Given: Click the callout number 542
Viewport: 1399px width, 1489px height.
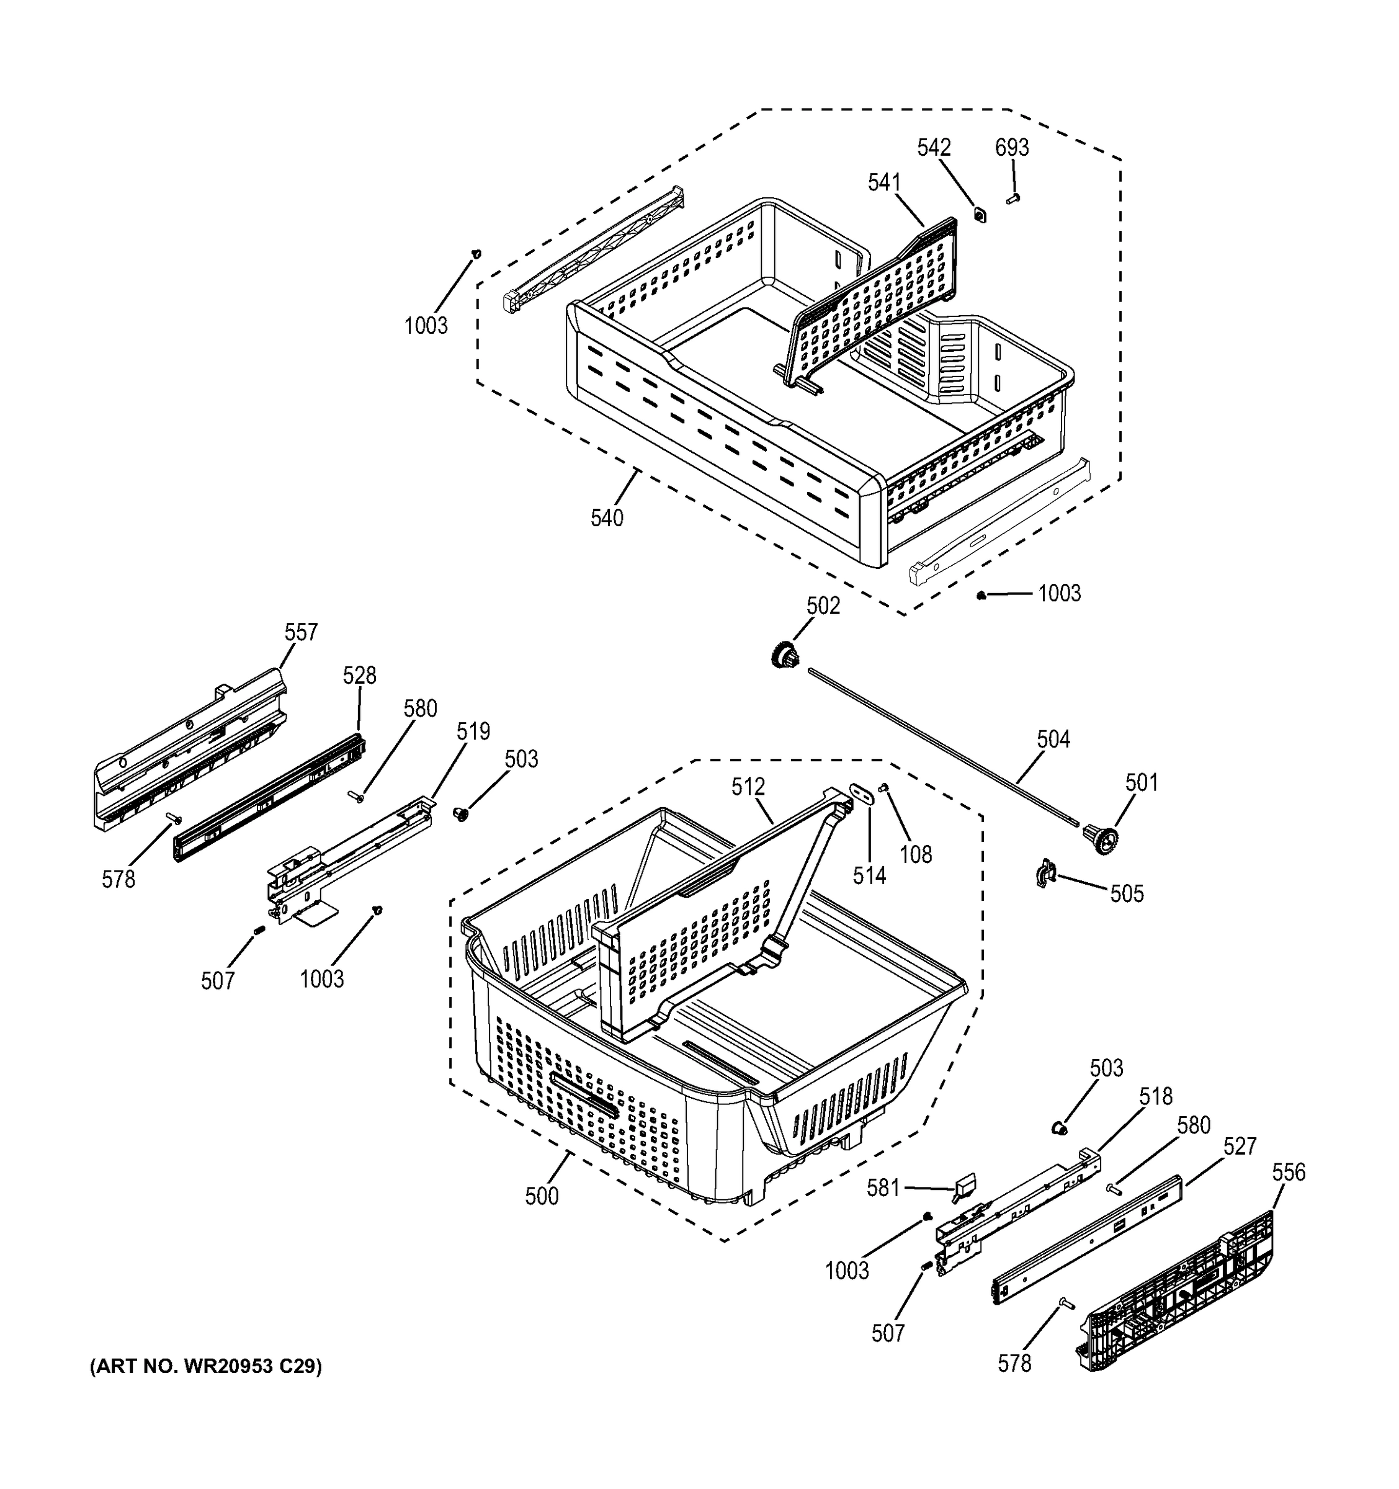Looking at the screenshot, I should click(x=934, y=148).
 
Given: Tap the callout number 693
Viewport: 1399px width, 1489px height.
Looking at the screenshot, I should click(x=1012, y=148).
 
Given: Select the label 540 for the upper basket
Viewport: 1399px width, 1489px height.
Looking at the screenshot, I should click(x=607, y=517).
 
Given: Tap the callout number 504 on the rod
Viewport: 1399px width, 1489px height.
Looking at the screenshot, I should click(x=1053, y=740).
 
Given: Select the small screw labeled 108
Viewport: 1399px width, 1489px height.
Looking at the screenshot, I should click(x=885, y=787).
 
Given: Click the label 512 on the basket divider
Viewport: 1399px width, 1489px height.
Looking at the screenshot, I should click(x=748, y=787).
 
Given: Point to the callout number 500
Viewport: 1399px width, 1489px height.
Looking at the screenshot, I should click(x=542, y=1196).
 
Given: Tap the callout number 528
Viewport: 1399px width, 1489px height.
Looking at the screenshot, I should click(x=359, y=675).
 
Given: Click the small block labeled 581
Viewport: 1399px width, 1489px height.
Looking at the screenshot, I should click(x=964, y=1187).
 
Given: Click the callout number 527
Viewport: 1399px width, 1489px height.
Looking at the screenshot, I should click(x=1240, y=1146).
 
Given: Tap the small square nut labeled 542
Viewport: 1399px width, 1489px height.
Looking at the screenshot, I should click(x=980, y=215).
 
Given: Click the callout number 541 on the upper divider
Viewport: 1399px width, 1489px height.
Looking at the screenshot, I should click(x=885, y=182).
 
